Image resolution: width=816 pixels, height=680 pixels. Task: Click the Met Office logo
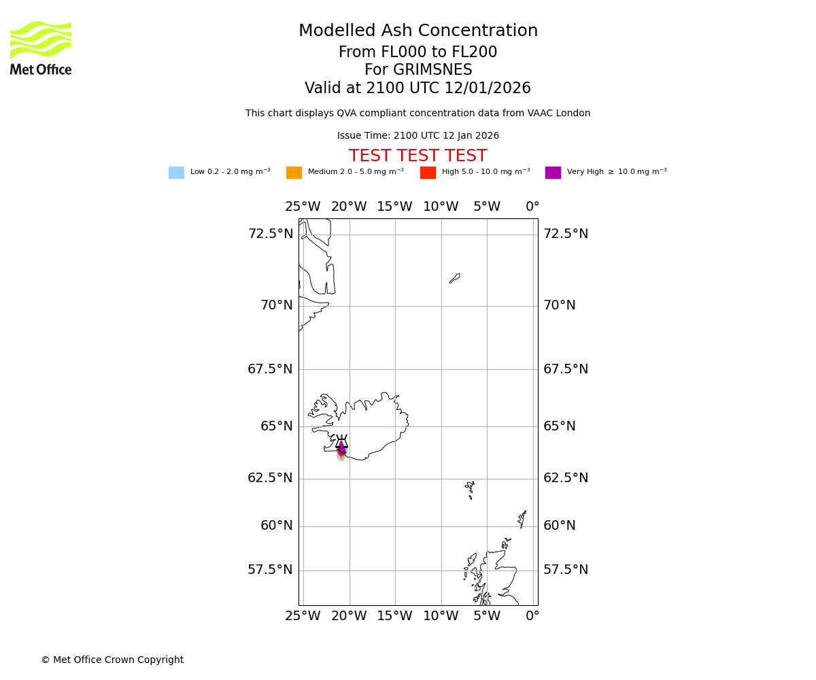click(41, 48)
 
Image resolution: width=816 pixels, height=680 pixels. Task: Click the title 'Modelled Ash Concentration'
click(418, 31)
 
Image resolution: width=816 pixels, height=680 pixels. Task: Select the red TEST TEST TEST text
click(418, 156)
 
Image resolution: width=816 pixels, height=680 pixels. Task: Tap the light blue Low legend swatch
click(176, 173)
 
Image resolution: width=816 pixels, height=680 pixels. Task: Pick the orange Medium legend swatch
click(294, 173)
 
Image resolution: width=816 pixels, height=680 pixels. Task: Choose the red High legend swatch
click(428, 173)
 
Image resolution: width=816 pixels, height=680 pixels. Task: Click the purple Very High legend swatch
click(553, 173)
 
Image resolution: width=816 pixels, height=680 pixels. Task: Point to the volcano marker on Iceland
click(341, 443)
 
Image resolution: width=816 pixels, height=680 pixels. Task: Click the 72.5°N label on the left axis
click(271, 234)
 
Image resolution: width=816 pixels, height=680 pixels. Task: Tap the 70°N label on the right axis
click(560, 305)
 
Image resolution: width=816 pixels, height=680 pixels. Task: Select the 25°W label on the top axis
click(303, 207)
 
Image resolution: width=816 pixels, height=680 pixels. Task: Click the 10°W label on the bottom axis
click(441, 616)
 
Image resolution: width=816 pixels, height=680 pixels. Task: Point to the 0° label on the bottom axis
click(532, 616)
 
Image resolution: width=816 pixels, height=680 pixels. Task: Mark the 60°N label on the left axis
click(277, 526)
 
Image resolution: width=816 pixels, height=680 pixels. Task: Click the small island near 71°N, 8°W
click(455, 278)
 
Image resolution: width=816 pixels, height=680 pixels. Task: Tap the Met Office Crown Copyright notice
click(112, 660)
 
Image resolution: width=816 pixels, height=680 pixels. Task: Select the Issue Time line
click(418, 136)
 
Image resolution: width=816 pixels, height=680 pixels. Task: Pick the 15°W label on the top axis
click(394, 207)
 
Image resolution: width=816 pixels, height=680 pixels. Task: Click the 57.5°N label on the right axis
click(566, 570)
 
